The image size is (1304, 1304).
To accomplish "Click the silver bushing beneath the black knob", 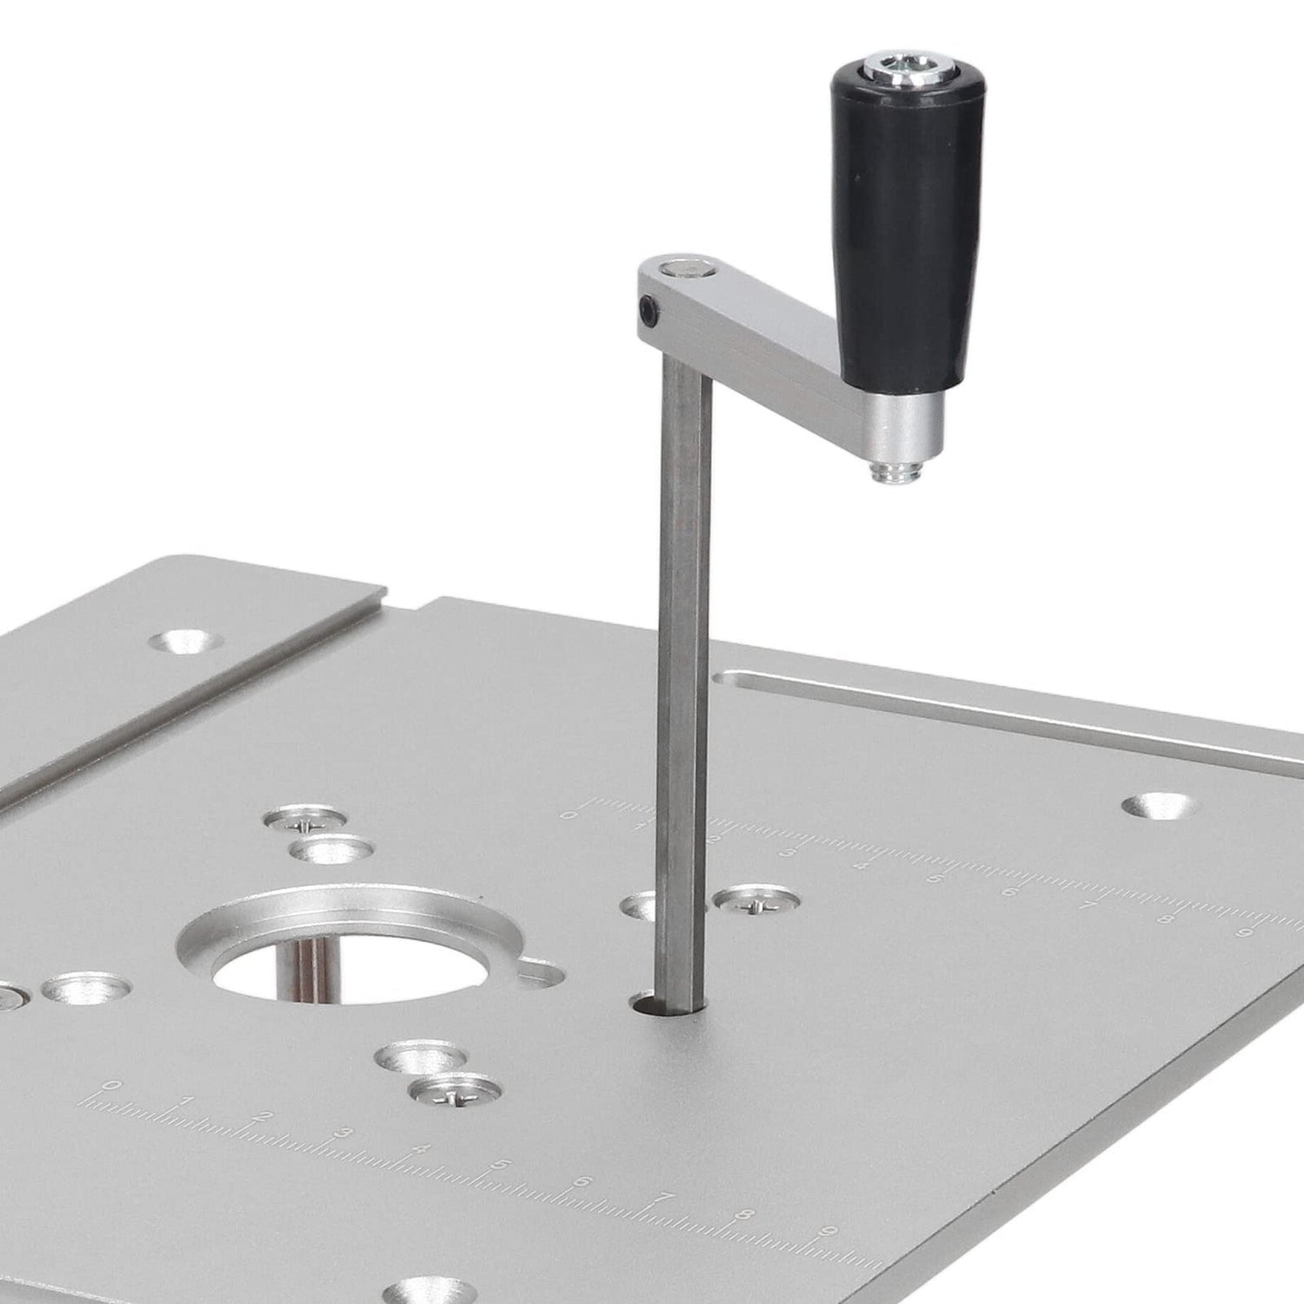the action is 909,427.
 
